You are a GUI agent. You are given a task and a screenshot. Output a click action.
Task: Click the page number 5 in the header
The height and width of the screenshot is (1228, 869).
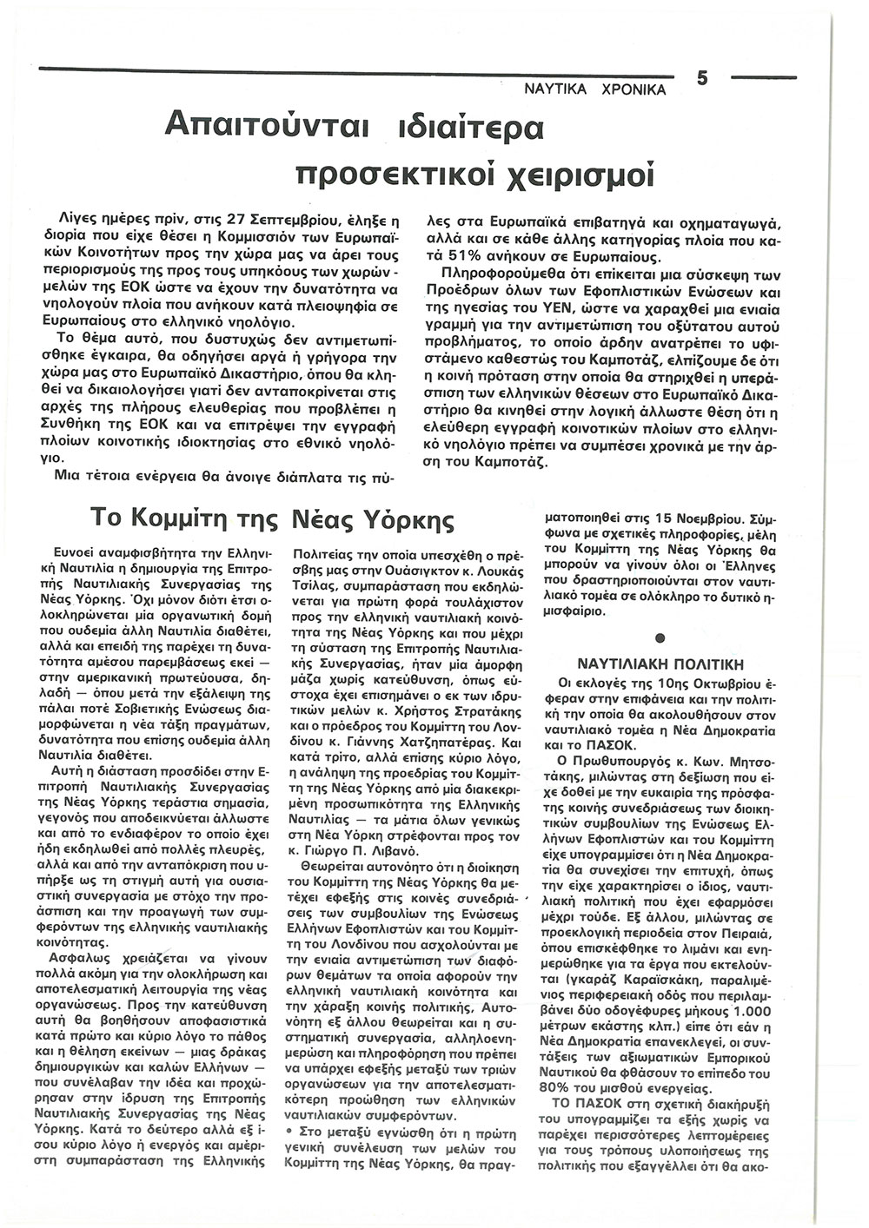click(x=702, y=79)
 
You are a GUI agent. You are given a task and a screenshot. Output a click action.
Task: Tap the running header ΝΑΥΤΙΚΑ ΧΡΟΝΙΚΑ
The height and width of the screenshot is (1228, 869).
click(x=595, y=89)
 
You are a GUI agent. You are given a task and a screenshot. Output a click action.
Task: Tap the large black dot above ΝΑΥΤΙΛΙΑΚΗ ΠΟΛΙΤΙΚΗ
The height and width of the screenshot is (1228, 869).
click(x=660, y=638)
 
